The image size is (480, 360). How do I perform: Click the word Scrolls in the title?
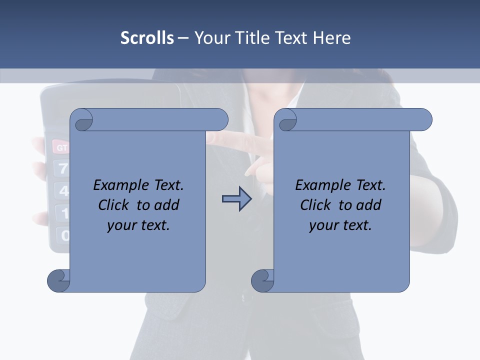pyautogui.click(x=147, y=37)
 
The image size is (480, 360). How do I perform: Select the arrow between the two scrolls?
pyautogui.click(x=236, y=199)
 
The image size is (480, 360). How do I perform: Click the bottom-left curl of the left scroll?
pyautogui.click(x=58, y=280)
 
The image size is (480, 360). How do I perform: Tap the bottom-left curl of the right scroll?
pyautogui.click(x=262, y=280)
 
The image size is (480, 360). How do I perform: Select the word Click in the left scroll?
pyautogui.click(x=114, y=205)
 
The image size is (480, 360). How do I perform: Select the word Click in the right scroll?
pyautogui.click(x=315, y=205)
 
